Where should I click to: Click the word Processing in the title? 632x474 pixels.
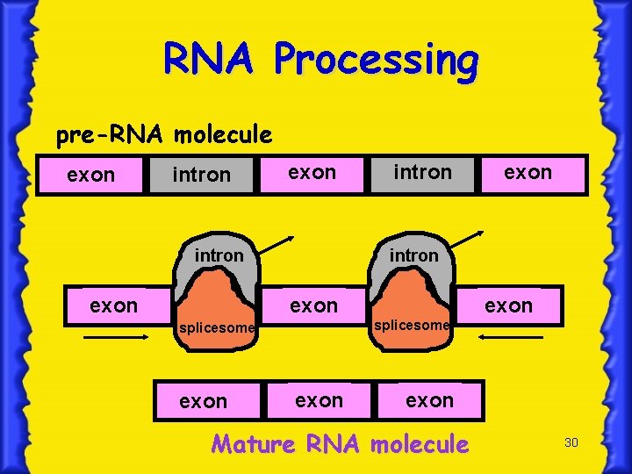377,61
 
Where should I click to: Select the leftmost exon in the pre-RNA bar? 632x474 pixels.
91,175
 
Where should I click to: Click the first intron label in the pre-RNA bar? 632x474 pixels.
201,175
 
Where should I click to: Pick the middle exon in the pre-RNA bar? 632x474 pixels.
312,172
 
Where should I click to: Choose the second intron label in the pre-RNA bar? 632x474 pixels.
422,172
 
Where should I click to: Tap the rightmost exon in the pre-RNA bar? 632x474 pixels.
528,172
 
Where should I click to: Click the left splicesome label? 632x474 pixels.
216,328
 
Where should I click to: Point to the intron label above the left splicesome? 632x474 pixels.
219,255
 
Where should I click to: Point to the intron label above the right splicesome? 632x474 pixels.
413,255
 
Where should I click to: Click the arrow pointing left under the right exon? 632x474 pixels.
512,336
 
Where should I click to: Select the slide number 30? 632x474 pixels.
571,442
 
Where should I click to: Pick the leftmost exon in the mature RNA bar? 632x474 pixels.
203,401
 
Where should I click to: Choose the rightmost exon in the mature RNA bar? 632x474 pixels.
429,400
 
